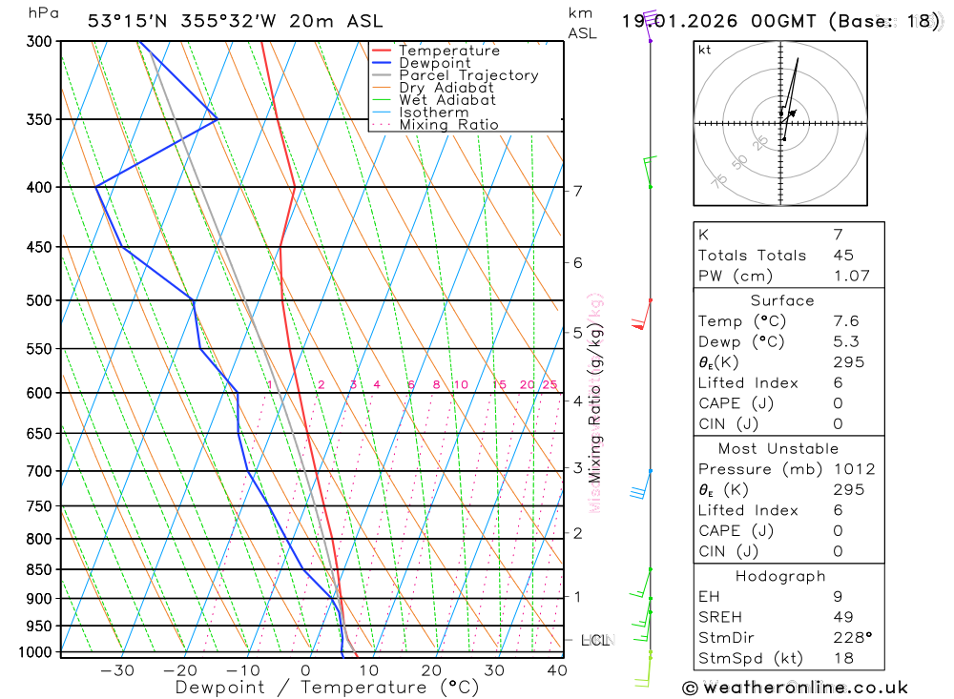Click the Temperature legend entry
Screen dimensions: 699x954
click(x=448, y=51)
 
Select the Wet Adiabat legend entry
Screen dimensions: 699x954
click(x=446, y=100)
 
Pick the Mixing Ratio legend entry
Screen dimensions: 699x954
click(x=448, y=125)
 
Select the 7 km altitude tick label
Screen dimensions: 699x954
click(x=577, y=191)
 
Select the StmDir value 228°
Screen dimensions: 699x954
click(x=852, y=638)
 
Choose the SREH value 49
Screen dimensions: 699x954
click(x=842, y=617)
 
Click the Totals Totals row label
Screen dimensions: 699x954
click(x=752, y=256)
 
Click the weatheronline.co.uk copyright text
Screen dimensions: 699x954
click(x=795, y=688)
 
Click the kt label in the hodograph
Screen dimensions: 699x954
click(x=705, y=51)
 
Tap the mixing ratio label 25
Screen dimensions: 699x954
click(x=550, y=385)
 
